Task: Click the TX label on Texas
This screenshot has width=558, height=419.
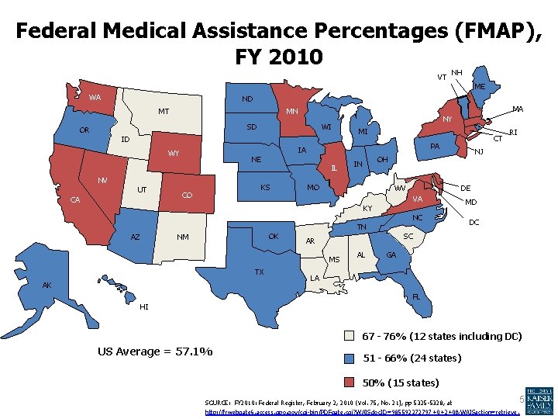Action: coord(260,272)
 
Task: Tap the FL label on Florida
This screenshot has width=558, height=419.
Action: coord(416,296)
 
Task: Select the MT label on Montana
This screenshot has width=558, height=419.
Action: coord(164,112)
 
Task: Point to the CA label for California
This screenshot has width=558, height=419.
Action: coord(75,200)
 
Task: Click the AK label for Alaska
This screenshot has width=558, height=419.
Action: coord(47,285)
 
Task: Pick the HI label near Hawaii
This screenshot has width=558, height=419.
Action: coord(144,306)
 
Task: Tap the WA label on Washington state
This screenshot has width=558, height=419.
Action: coord(95,98)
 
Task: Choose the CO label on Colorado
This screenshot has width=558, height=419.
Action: coord(187,196)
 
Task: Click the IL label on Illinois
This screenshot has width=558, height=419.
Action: coord(333,168)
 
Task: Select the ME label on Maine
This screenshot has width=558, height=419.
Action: coord(480,87)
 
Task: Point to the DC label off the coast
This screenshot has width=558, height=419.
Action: coord(475,223)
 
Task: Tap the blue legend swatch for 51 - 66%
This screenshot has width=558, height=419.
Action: coord(350,358)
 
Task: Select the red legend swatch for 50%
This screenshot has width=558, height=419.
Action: coord(350,382)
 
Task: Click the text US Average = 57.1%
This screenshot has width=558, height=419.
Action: coord(155,351)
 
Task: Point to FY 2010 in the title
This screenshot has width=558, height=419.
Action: coord(277,57)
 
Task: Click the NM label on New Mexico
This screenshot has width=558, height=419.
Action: coord(183,237)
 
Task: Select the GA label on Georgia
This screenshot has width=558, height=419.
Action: coord(391,255)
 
